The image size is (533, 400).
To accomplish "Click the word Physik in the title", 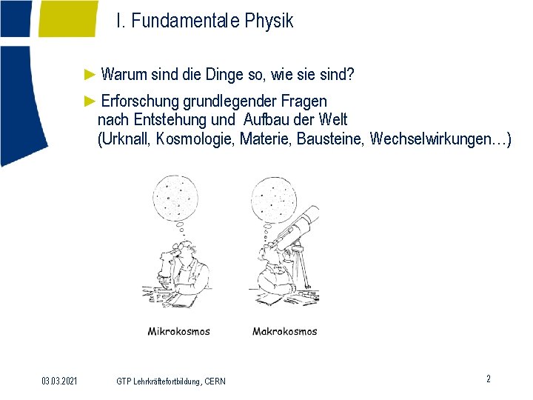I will pos(269,21).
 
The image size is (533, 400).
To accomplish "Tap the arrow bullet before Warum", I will pos(90,75).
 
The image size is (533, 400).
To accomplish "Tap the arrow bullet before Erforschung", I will pos(90,101).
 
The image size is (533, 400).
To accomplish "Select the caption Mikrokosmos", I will pos(178,331).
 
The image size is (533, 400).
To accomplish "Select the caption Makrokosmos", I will pos(284,331).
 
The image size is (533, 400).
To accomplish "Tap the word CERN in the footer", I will pos(215,381).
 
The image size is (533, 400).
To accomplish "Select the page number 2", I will pos(488,379).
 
